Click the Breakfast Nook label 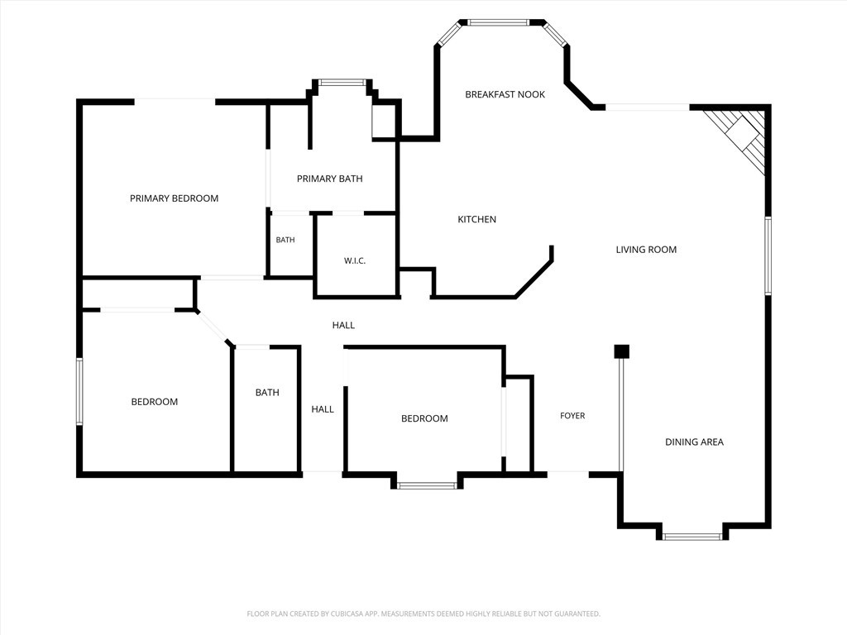click(x=505, y=94)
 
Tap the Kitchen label click(x=477, y=219)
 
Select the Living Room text click(x=646, y=250)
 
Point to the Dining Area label click(x=694, y=442)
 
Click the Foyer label click(x=572, y=415)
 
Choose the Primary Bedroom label click(x=174, y=198)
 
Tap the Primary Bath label click(x=329, y=179)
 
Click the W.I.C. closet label click(x=355, y=260)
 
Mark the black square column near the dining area click(x=622, y=351)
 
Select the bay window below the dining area click(x=692, y=536)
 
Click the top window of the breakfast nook click(x=497, y=22)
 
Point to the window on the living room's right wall click(x=768, y=255)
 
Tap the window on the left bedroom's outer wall click(x=79, y=391)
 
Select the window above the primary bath click(x=342, y=83)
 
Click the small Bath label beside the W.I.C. click(x=285, y=240)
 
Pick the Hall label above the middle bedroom click(x=343, y=325)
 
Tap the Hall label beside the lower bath click(x=323, y=409)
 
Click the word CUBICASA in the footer click(x=352, y=614)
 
